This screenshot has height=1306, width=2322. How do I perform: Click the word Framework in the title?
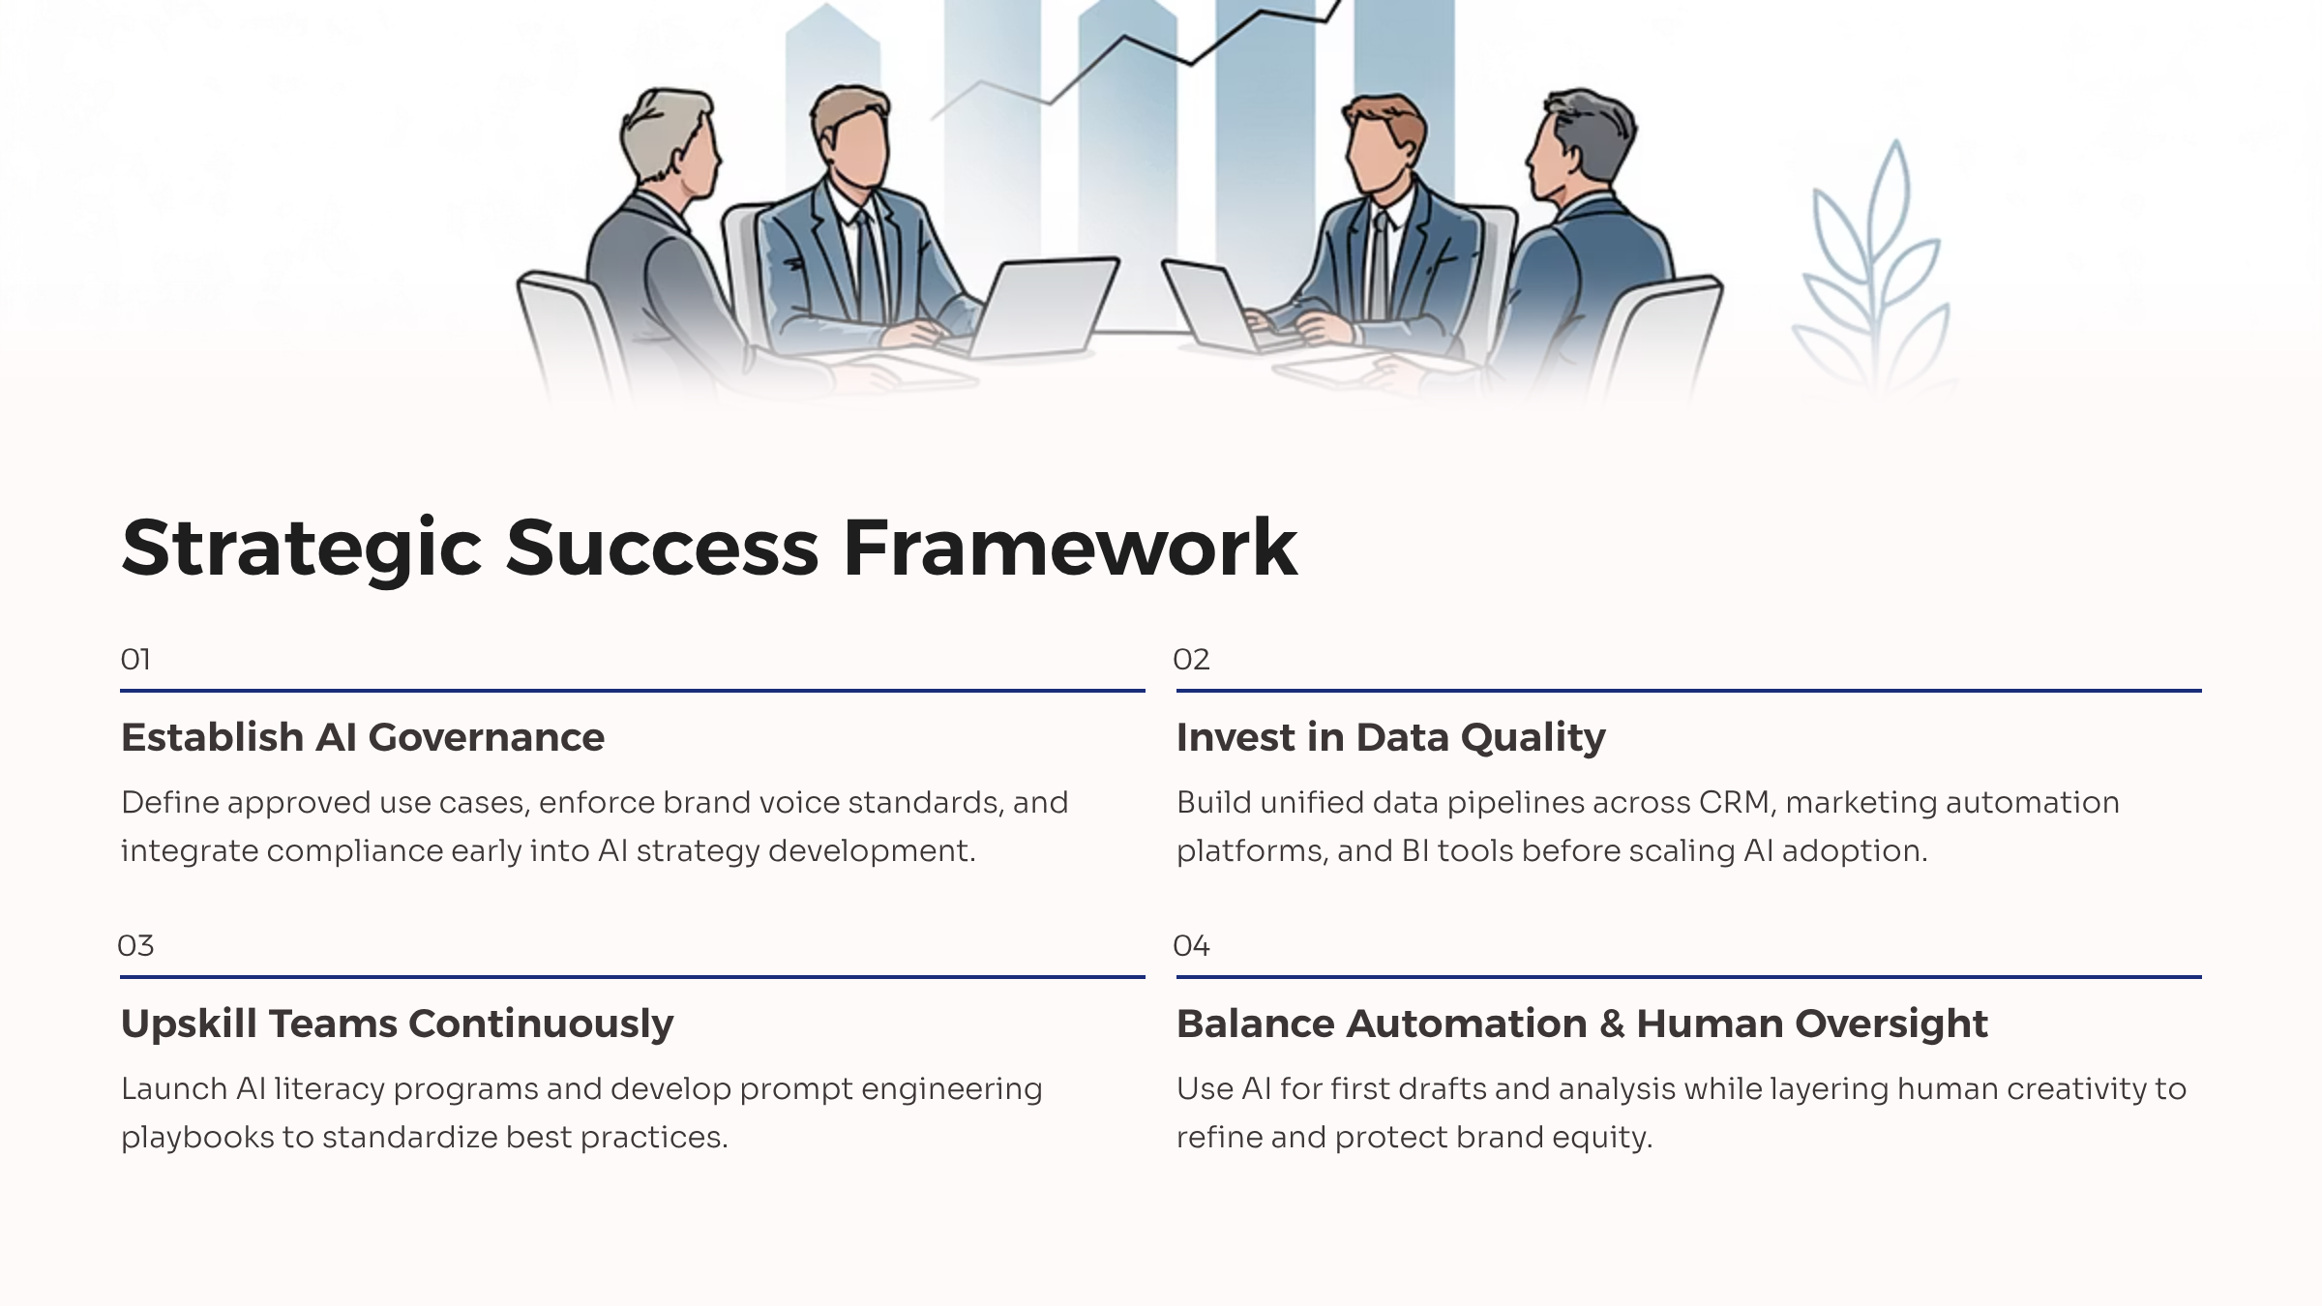pyautogui.click(x=1070, y=548)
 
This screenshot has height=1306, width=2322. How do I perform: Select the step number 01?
pyautogui.click(x=135, y=660)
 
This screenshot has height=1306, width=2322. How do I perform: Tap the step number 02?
pyautogui.click(x=1191, y=660)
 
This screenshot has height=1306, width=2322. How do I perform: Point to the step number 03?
pyautogui.click(x=135, y=946)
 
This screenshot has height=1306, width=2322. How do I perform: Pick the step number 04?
pyautogui.click(x=1191, y=946)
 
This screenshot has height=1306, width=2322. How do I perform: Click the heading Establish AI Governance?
pyautogui.click(x=363, y=737)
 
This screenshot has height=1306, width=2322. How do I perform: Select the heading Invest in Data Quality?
pyautogui.click(x=1391, y=738)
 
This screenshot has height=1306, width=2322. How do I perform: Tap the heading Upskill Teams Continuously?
pyautogui.click(x=397, y=1024)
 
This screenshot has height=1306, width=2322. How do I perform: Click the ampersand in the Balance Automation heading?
pyautogui.click(x=1612, y=1024)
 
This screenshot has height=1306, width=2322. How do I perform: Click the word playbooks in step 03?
pyautogui.click(x=197, y=1138)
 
